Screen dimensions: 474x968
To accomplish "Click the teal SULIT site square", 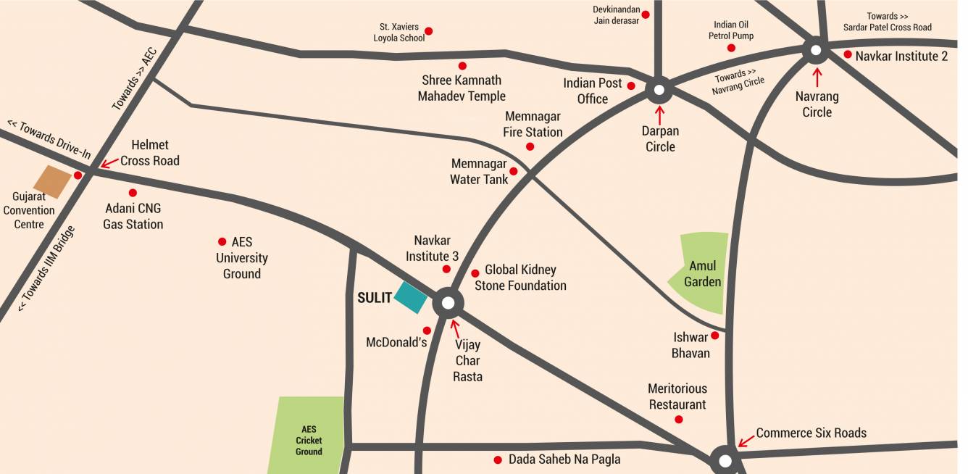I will pyautogui.click(x=411, y=297).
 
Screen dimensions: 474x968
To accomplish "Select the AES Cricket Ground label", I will pyautogui.click(x=309, y=441).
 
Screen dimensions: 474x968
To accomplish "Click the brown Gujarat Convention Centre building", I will pyautogui.click(x=53, y=182).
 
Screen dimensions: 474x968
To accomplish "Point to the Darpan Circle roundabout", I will pyautogui.click(x=659, y=91).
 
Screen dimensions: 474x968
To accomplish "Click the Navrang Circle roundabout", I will pyautogui.click(x=816, y=51).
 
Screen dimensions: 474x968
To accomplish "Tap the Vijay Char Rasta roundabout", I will pyautogui.click(x=448, y=302).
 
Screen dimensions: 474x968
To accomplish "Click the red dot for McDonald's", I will pyautogui.click(x=427, y=330).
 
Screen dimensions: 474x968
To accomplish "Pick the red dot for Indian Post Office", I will pyautogui.click(x=631, y=86).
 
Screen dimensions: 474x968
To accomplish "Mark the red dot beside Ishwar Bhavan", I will pyautogui.click(x=714, y=336).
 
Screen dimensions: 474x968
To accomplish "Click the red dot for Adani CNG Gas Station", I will pyautogui.click(x=133, y=193).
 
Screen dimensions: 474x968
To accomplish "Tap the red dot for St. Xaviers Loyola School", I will pyautogui.click(x=428, y=31).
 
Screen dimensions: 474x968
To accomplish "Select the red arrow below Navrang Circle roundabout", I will pyautogui.click(x=817, y=76).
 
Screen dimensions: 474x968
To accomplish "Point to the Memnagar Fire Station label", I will pyautogui.click(x=533, y=124).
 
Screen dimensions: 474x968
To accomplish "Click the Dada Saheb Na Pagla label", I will pyautogui.click(x=564, y=460).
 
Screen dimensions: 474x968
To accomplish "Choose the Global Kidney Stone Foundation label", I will pyautogui.click(x=520, y=278).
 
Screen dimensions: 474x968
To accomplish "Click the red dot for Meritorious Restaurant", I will pyautogui.click(x=679, y=420).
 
